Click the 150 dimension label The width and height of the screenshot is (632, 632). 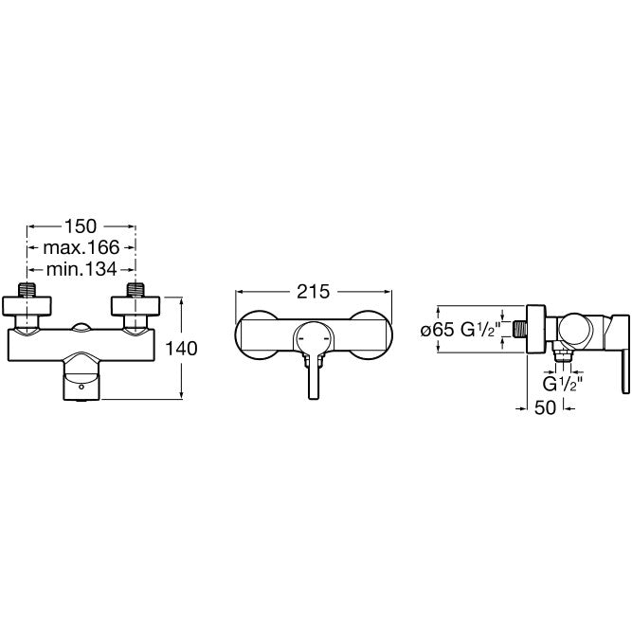tap(81, 226)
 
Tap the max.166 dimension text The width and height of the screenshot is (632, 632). tap(81, 247)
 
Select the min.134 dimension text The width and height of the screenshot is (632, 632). tap(81, 269)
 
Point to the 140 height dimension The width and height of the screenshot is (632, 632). tap(181, 349)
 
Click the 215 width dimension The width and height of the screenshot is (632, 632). tap(314, 292)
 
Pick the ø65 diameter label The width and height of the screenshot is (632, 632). tap(438, 331)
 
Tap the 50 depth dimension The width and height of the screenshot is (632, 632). tap(545, 407)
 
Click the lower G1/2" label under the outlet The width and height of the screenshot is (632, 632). tap(563, 384)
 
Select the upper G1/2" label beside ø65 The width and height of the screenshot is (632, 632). tap(480, 330)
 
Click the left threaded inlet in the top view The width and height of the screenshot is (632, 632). tap(27, 290)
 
